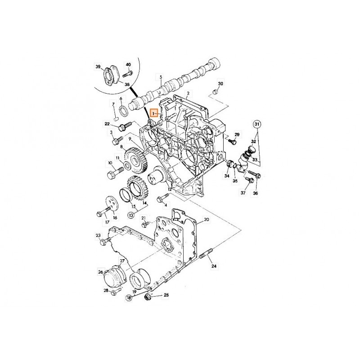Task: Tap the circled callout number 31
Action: [256, 124]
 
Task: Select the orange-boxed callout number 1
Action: [154, 114]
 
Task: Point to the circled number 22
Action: [107, 124]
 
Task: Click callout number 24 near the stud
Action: [214, 266]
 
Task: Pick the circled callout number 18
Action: [129, 298]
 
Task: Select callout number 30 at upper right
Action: [220, 84]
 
